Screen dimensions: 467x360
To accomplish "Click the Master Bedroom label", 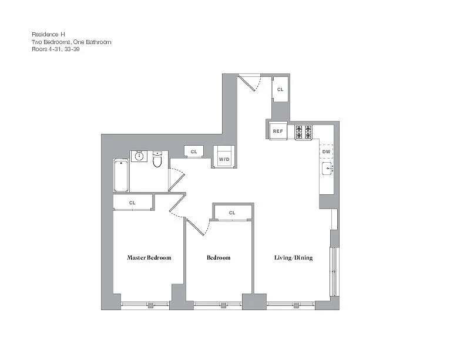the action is point(149,258).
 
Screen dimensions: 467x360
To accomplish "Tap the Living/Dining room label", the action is point(293,258).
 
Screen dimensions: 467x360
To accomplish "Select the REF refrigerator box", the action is point(278,131).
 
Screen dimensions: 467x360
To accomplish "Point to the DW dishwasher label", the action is point(326,152).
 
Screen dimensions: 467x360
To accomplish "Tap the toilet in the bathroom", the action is point(157,159).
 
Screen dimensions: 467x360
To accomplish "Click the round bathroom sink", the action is point(139,156).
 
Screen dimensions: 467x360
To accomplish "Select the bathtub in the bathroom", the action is point(121,176).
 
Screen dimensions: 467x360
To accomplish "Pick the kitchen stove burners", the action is point(303,132).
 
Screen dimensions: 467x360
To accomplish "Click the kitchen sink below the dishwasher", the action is point(327,168).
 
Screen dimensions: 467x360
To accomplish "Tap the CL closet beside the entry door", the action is point(280,89).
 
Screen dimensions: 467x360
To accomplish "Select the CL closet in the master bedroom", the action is point(133,203).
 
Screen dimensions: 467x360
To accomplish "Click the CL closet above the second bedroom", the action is point(232,213).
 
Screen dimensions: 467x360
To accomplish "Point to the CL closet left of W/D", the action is point(194,152).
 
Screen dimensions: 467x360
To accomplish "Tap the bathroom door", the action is point(177,179).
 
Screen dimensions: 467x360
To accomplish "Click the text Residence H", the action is point(48,35).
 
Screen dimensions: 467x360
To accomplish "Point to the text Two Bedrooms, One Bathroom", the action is point(72,42).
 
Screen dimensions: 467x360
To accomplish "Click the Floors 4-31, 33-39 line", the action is point(56,49).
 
